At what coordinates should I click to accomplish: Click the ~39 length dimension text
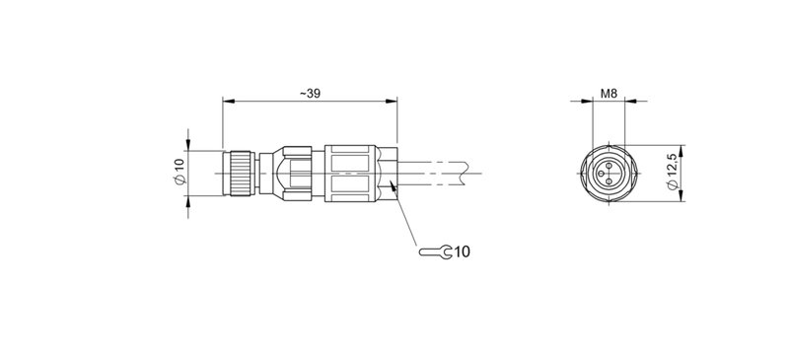311,94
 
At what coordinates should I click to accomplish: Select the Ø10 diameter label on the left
179,175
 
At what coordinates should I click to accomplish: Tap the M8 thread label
609,95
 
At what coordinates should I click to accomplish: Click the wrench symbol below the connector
435,252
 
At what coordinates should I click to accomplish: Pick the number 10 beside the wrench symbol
462,252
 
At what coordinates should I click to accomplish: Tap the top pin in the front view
610,164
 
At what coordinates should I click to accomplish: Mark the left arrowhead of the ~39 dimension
228,102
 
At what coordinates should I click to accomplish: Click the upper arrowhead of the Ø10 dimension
188,147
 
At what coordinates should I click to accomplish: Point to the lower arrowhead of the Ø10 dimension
188,202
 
